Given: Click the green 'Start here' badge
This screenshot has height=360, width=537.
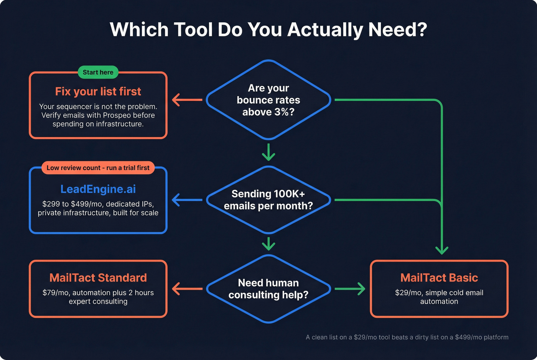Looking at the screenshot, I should point(98,72).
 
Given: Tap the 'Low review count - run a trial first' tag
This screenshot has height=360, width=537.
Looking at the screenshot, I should point(98,168).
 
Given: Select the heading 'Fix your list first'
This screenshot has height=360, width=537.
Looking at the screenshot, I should point(98,92).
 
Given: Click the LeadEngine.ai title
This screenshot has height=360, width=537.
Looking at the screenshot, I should point(98,189).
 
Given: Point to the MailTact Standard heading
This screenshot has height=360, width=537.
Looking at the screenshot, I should point(98,278).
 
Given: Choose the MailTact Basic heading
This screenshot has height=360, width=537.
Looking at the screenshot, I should point(439,278).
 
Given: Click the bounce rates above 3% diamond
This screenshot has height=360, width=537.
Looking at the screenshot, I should point(268,100).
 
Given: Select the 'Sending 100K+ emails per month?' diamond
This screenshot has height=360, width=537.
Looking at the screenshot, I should point(268,200).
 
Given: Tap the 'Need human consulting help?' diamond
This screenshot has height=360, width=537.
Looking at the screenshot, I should point(268,289).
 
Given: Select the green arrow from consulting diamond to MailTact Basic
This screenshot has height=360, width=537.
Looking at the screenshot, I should point(350,289).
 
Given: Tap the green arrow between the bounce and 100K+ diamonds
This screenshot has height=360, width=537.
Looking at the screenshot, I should point(268,152).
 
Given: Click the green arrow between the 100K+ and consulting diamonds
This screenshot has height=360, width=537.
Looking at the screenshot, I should point(268,243).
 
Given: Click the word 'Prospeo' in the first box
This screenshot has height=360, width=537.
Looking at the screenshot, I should point(118,115).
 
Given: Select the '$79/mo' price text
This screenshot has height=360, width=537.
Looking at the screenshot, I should point(56,293).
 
